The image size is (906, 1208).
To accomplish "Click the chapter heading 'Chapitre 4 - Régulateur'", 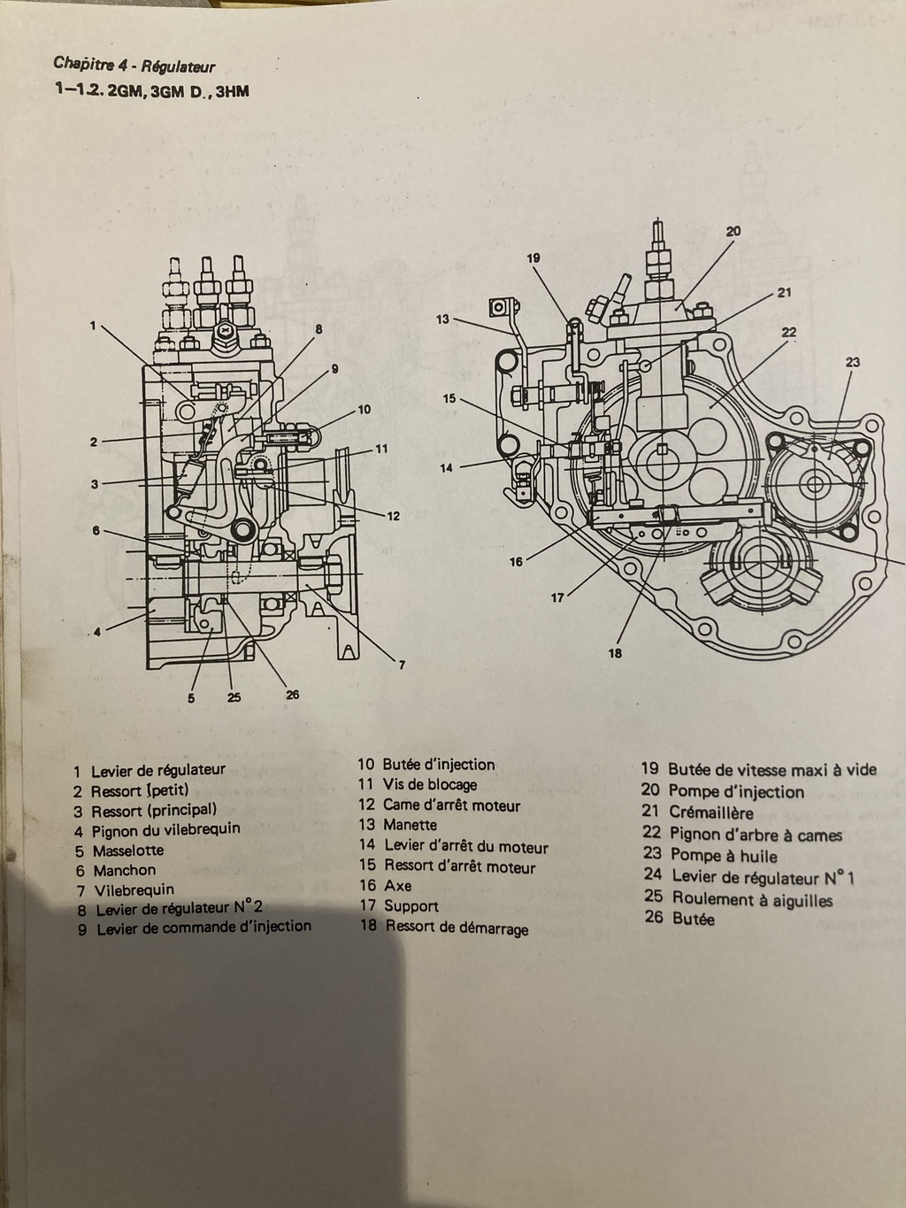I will point(134,65).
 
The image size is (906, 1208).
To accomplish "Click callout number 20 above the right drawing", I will point(733,232).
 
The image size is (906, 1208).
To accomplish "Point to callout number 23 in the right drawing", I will point(852,362).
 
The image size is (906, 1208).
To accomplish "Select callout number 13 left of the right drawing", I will point(442,319).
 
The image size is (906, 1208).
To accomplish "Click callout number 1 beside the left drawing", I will point(92,325).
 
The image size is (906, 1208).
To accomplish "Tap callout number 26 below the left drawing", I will point(293,695).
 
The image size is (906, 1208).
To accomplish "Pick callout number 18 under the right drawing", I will point(615,653).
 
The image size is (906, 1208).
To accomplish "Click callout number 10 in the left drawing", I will point(364,410).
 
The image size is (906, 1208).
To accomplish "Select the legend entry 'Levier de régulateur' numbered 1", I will point(157,770).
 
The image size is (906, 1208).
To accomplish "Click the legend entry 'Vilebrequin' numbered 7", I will point(133,889).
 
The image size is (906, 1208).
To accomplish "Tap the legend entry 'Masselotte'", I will point(127,850).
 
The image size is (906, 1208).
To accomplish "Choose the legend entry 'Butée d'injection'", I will point(438,765).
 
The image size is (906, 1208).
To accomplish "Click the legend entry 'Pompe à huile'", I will point(723,856).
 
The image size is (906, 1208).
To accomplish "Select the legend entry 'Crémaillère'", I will point(710,812).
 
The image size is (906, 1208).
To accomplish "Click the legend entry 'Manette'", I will point(410,825).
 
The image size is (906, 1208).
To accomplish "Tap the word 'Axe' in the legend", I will point(397,885).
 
